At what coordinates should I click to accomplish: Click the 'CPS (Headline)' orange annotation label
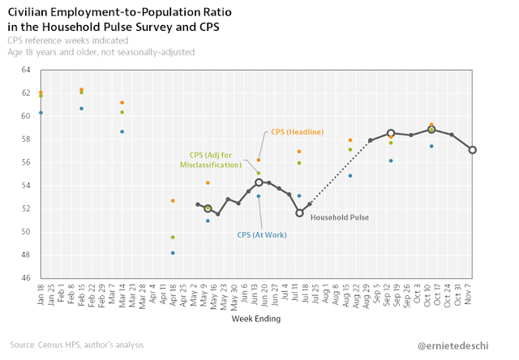coord(297,132)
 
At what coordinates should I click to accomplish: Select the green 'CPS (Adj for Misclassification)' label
coord(211,159)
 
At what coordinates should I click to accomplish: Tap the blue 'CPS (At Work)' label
coord(261,235)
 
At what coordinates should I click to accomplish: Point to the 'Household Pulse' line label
coord(339,217)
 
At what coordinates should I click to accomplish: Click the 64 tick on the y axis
coord(25,70)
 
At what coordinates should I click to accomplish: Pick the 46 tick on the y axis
coord(25,277)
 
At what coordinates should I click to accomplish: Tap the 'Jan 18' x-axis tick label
coord(41,294)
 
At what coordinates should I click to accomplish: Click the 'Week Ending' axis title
coord(257,319)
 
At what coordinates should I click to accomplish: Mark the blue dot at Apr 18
coord(173,253)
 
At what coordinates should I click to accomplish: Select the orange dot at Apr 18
coord(173,200)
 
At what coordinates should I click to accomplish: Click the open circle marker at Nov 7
coord(472,150)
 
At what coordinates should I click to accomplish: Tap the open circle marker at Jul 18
coord(299,212)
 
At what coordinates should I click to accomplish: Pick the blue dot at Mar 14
coord(122,131)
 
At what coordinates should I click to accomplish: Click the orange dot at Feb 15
coord(81,89)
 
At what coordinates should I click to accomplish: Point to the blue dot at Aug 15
coord(350,176)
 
